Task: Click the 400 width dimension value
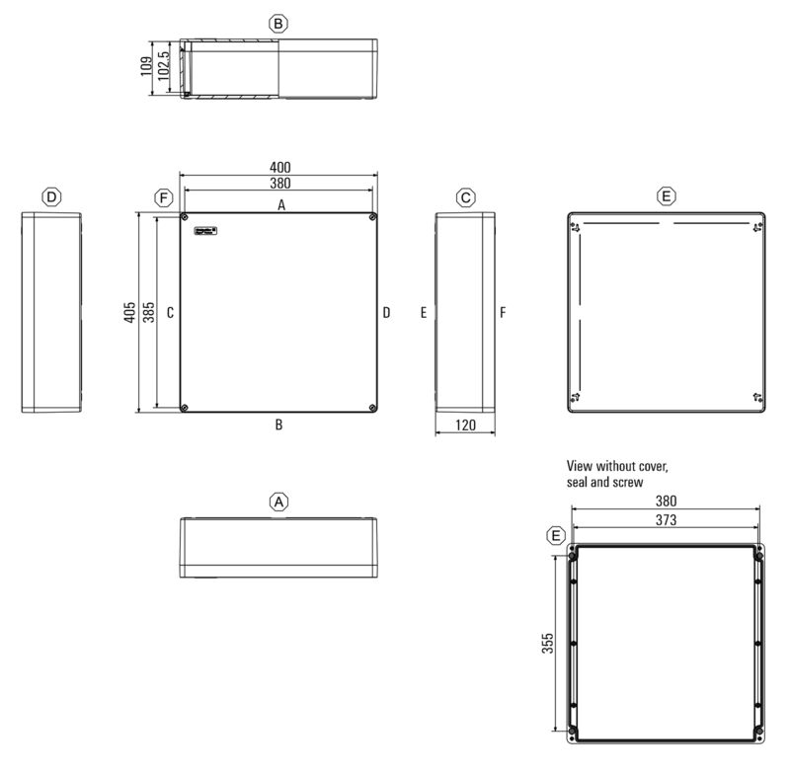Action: coord(280,167)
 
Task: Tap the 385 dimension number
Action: coord(148,312)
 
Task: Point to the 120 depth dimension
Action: coord(466,425)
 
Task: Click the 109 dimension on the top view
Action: coord(146,67)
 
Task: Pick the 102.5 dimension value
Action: coord(163,68)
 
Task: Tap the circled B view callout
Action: coord(279,22)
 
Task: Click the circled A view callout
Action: coord(279,502)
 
